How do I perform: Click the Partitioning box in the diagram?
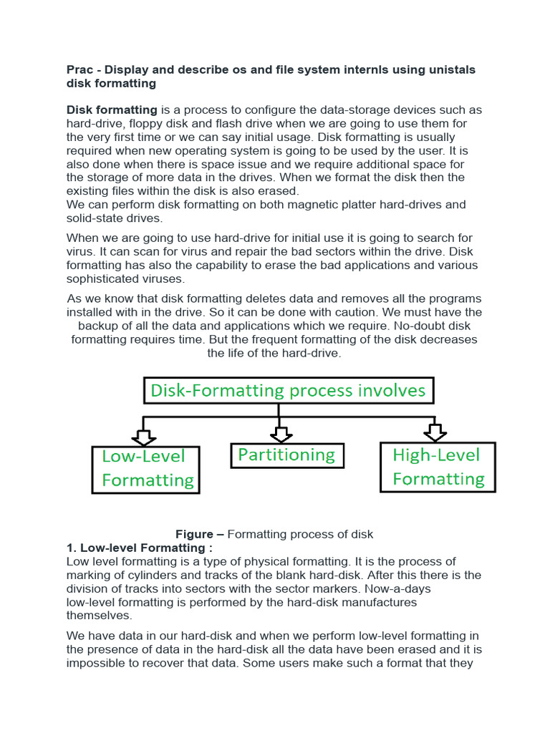point(286,455)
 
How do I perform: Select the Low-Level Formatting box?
point(145,469)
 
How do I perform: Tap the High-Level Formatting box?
point(438,467)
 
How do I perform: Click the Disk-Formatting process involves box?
point(288,390)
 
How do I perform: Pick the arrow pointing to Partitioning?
point(281,433)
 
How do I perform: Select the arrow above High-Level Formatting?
point(435,432)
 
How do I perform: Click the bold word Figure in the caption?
point(195,534)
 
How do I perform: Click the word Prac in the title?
point(80,69)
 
